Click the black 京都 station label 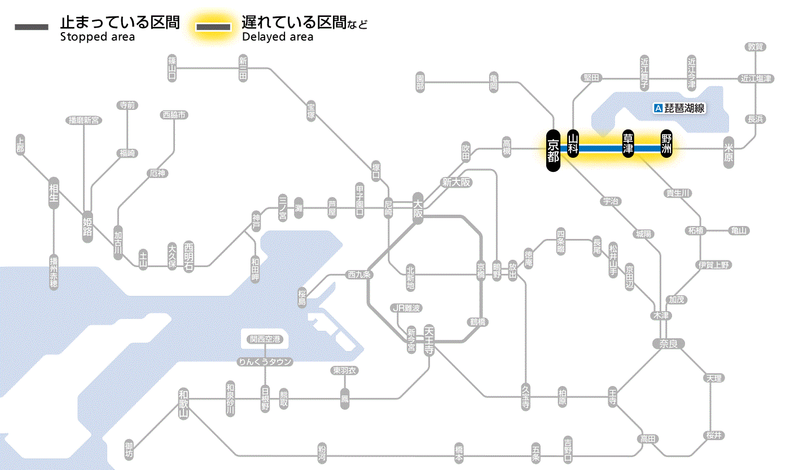[x=553, y=150]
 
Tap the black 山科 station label [x=573, y=144]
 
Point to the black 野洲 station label [x=667, y=144]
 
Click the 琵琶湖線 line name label [x=684, y=108]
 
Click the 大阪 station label [x=418, y=208]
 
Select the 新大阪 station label [x=456, y=182]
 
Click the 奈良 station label [x=668, y=343]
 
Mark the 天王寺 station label [x=429, y=339]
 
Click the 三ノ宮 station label [x=283, y=208]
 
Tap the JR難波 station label [x=406, y=308]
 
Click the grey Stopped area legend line [x=32, y=27]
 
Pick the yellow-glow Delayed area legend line [x=213, y=27]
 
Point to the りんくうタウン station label [x=265, y=362]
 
